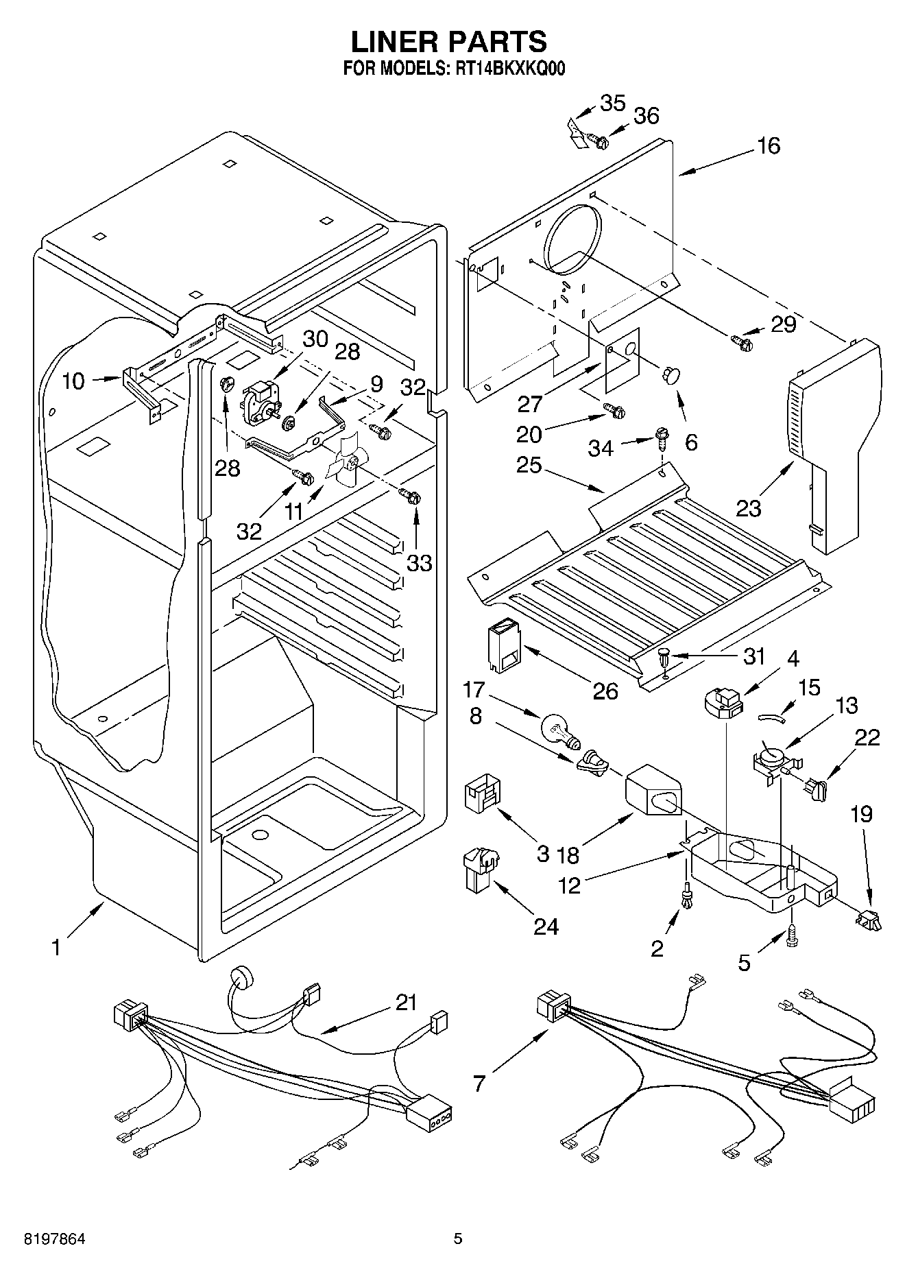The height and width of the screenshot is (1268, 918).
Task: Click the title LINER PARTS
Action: point(449,42)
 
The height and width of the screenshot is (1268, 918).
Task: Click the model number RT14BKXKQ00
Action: point(511,69)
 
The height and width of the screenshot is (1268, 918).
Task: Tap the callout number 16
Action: point(769,146)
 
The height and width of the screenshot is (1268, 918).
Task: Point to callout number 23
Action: point(749,508)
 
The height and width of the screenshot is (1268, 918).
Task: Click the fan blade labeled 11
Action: point(346,463)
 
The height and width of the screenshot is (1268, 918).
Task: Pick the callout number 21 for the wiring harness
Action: point(407,1003)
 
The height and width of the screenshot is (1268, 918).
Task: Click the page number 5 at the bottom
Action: point(458,1239)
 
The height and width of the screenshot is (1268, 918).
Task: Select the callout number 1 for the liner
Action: point(56,948)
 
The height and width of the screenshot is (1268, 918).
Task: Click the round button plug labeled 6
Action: point(671,374)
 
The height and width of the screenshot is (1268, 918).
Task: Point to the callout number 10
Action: point(73,381)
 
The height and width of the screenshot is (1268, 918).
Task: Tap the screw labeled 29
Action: point(742,339)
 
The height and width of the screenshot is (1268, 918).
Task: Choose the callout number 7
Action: point(479,1084)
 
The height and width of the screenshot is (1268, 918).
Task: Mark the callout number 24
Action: point(546,926)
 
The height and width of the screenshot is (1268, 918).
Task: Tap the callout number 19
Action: point(861,814)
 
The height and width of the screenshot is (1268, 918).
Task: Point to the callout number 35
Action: point(612,104)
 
